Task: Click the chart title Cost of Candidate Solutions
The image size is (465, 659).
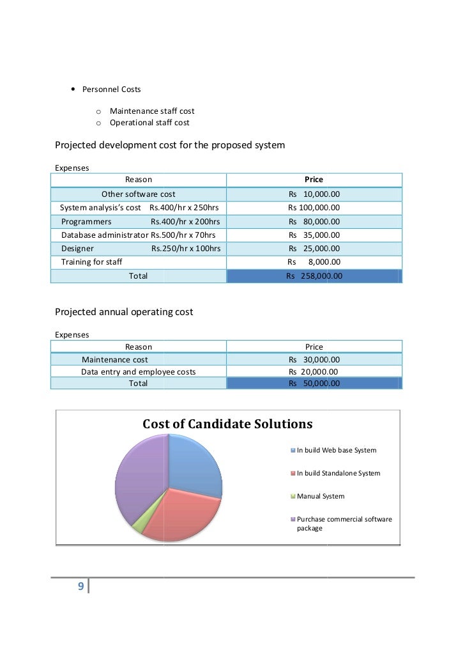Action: pyautogui.click(x=227, y=424)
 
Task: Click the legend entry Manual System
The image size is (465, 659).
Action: pyautogui.click(x=321, y=496)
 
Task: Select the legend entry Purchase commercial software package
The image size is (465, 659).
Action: pyautogui.click(x=344, y=523)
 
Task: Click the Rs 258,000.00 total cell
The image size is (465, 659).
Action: pyautogui.click(x=314, y=276)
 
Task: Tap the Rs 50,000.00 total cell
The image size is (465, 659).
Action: pyautogui.click(x=314, y=384)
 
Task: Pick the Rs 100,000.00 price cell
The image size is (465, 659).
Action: pyautogui.click(x=314, y=208)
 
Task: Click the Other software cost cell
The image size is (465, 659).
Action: pyautogui.click(x=139, y=194)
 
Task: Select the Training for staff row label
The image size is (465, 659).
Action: pyautogui.click(x=92, y=261)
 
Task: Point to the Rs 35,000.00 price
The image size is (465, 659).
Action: pyautogui.click(x=314, y=235)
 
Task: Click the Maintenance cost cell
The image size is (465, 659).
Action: pyautogui.click(x=115, y=360)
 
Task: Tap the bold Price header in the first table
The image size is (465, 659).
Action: pyautogui.click(x=314, y=180)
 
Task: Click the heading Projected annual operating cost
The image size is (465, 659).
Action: pyautogui.click(x=124, y=313)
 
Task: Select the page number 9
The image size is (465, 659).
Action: pyautogui.click(x=80, y=587)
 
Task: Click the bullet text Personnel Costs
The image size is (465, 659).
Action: pyautogui.click(x=112, y=88)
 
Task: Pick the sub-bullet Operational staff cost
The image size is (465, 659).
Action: pyautogui.click(x=149, y=122)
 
